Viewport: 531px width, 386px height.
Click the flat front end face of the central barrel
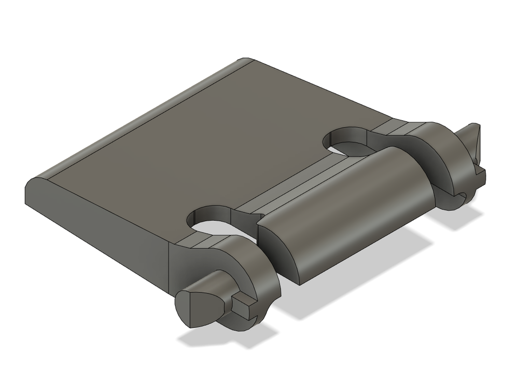coord(280,249)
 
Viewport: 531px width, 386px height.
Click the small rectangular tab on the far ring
coord(480,176)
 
